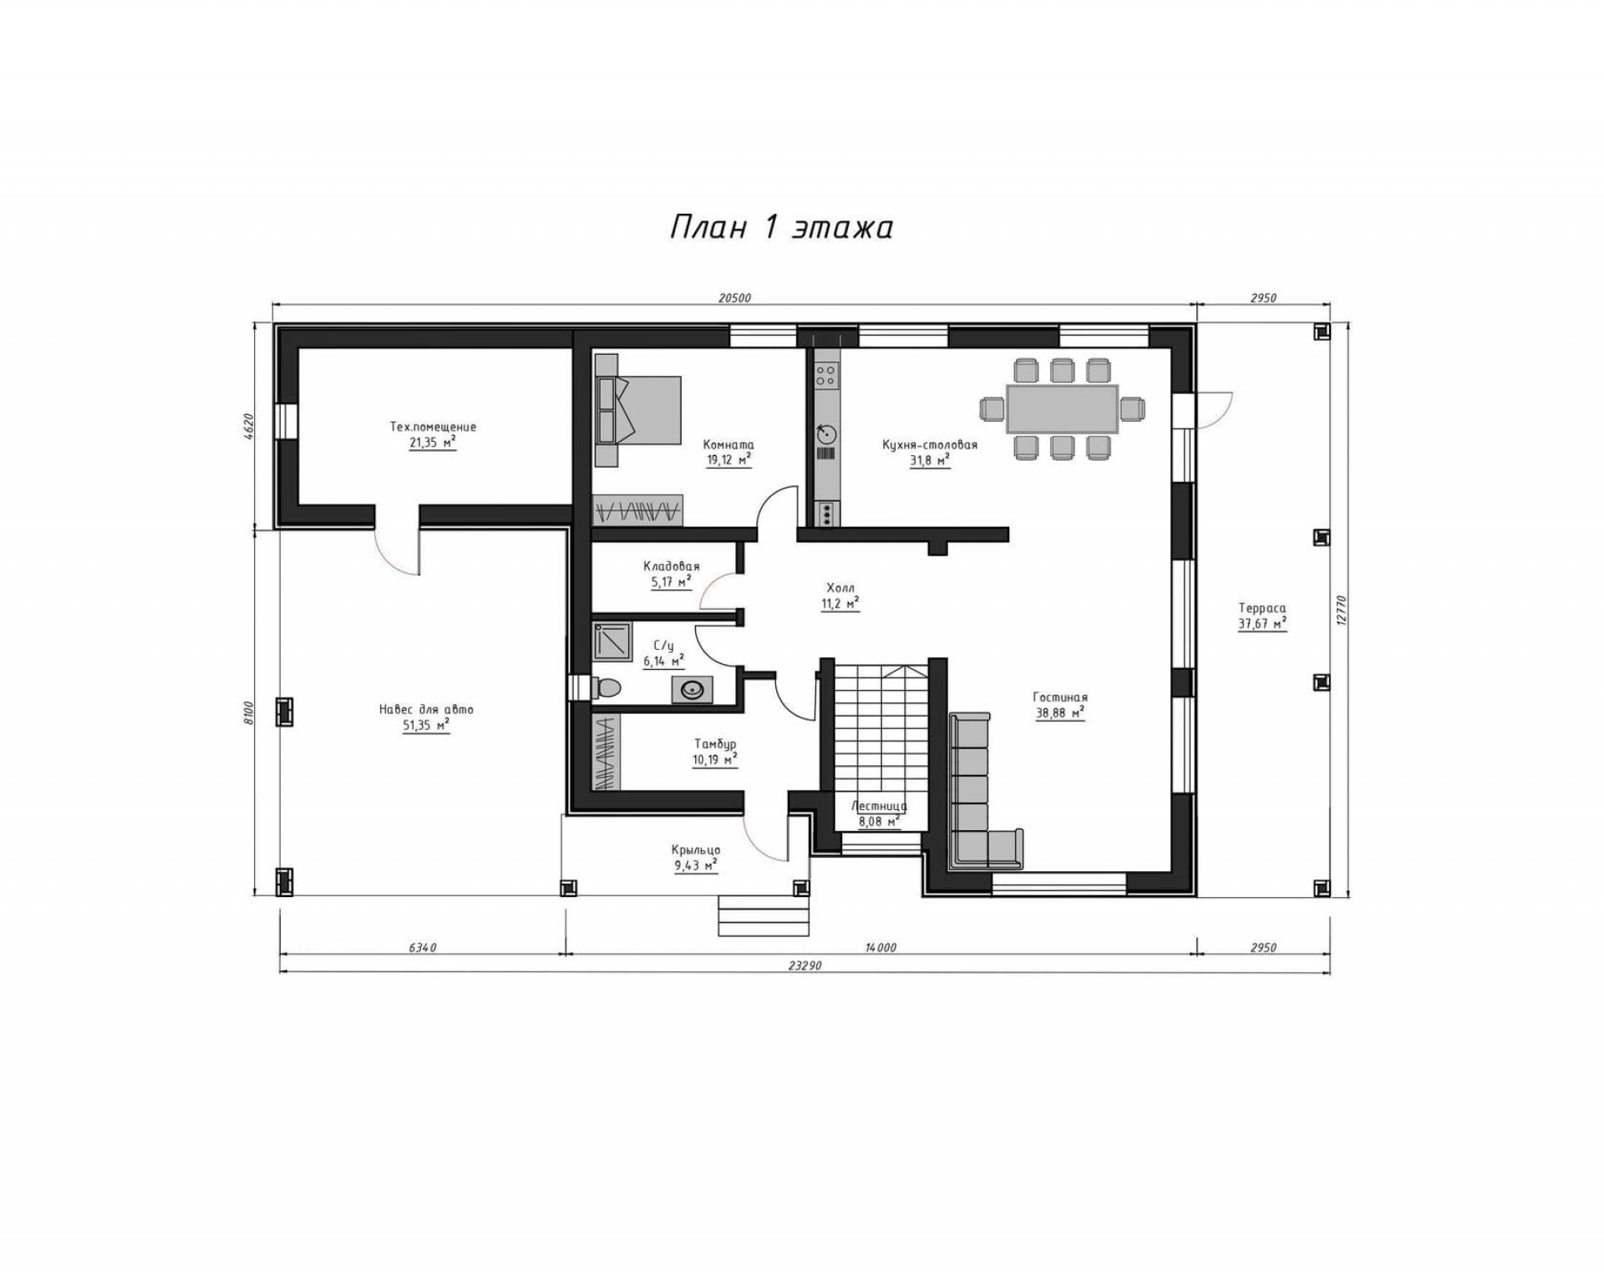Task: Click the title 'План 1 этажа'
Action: point(781,228)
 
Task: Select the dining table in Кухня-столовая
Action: point(1062,409)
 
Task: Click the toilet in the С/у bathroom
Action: point(607,687)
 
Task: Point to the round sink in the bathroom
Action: point(693,690)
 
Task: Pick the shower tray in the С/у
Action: point(613,641)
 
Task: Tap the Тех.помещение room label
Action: point(433,427)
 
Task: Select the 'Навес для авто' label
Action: point(426,710)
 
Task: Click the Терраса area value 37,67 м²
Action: point(1262,624)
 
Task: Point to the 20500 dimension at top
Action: point(734,297)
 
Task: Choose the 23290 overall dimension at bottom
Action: point(805,965)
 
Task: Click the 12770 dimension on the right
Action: point(1341,609)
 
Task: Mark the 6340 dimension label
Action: point(423,947)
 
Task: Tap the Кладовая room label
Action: point(672,566)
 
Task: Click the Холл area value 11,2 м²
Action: point(840,603)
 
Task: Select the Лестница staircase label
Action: point(879,807)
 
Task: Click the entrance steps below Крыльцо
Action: point(764,916)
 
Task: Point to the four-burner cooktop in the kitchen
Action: point(827,374)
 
